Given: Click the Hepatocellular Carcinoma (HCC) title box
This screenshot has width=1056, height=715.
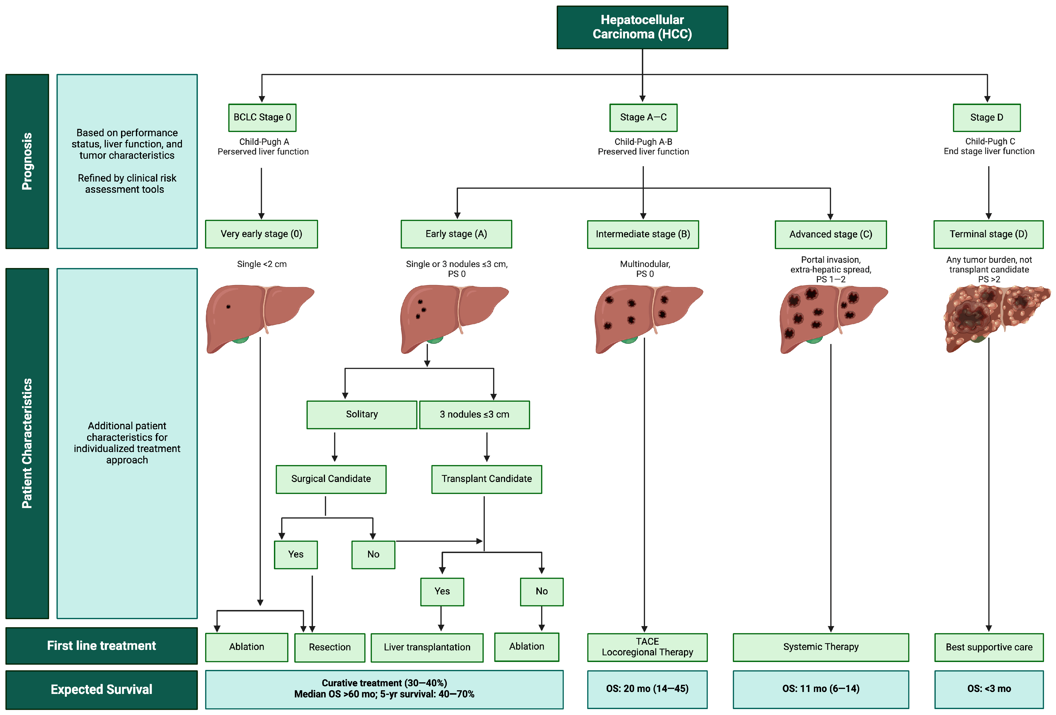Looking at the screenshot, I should tap(642, 27).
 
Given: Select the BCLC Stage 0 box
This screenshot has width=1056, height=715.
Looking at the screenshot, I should tap(262, 117).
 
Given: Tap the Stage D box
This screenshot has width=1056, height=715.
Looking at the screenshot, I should tap(986, 117).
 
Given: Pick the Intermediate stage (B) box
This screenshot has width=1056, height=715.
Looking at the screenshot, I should tap(643, 234).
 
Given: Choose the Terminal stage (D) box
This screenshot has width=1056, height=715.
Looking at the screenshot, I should tap(988, 234).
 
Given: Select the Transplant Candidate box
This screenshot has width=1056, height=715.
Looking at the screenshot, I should tap(486, 479).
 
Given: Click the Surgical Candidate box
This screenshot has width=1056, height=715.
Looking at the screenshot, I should tap(331, 479).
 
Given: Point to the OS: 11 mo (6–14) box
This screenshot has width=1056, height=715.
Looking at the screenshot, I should tap(821, 689).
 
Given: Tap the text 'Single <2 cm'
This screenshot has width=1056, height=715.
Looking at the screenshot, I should tap(262, 264).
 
